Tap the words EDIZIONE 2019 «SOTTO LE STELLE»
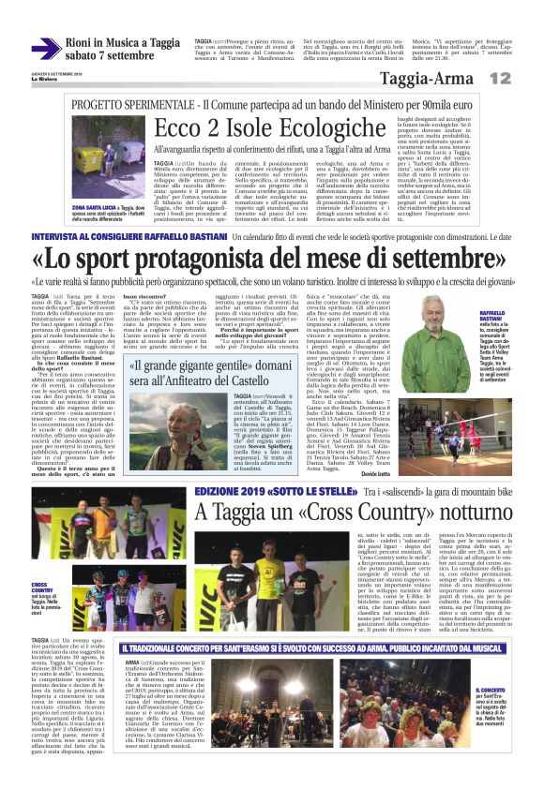point(267,491)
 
